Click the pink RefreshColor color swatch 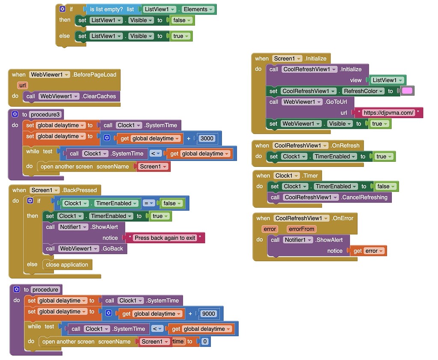[x=407, y=91]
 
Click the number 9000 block [x=209, y=314]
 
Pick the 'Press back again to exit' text [x=165, y=238]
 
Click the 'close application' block [x=67, y=265]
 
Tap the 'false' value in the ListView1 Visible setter [x=179, y=20]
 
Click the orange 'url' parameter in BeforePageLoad [x=23, y=85]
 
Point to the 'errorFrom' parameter [x=301, y=229]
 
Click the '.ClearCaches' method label [x=99, y=96]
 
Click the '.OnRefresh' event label [x=345, y=146]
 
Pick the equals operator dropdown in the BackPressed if [x=149, y=203]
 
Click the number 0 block [x=204, y=341]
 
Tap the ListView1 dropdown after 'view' [x=388, y=80]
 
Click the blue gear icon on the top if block [x=62, y=9]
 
